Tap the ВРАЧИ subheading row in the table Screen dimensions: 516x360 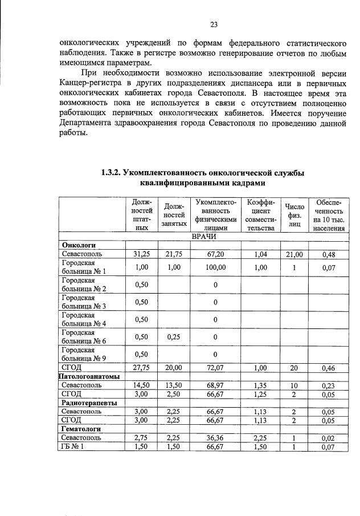coord(203,236)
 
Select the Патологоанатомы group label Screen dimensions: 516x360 coord(89,376)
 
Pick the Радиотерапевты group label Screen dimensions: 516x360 coord(89,403)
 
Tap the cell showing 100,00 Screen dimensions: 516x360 coord(216,267)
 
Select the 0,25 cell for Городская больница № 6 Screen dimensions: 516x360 coord(174,337)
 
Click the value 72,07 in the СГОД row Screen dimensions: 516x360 coord(216,368)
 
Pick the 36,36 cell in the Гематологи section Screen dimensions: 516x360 coord(216,437)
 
